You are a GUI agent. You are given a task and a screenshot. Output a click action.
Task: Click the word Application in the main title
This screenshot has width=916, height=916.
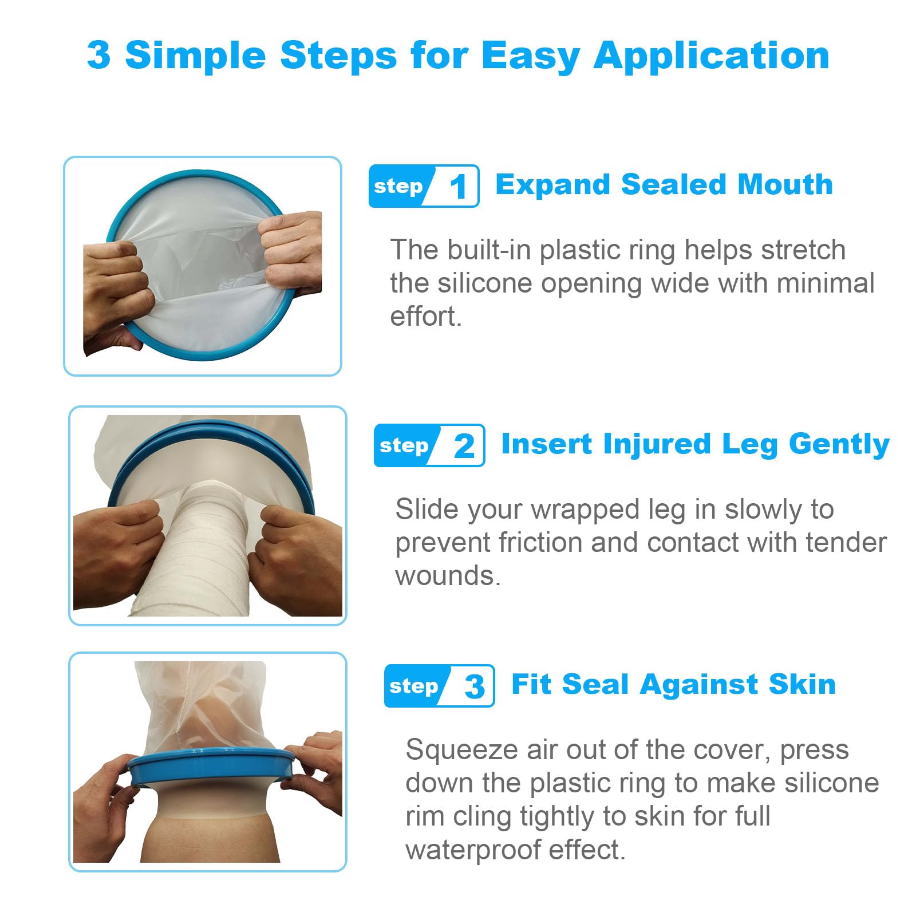click(x=712, y=57)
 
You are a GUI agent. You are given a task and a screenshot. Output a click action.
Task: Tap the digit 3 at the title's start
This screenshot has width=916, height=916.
click(x=98, y=55)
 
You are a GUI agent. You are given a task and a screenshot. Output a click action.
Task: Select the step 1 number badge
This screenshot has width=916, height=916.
click(x=424, y=186)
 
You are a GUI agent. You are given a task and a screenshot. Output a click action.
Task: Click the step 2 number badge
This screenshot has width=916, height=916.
click(x=429, y=445)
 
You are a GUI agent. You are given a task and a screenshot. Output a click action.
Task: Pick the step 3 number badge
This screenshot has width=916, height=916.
click(x=439, y=686)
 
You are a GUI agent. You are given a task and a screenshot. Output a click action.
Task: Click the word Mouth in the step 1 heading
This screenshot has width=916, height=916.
click(x=785, y=184)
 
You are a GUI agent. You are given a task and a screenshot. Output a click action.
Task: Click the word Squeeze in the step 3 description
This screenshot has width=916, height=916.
click(x=461, y=751)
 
